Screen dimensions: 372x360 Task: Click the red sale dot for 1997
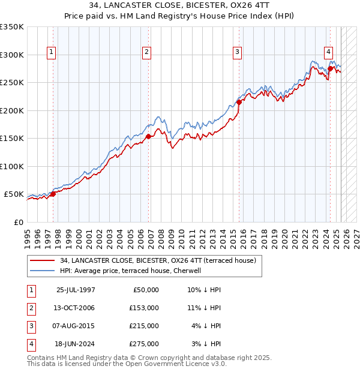click(53, 194)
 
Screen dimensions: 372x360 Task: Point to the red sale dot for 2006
click(149, 137)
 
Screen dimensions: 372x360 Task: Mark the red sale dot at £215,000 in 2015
click(239, 102)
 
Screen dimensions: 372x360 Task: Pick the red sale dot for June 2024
click(330, 68)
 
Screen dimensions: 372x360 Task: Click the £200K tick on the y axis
click(12, 110)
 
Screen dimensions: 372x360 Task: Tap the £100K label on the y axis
click(12, 166)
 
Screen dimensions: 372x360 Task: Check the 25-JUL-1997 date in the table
click(76, 290)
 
